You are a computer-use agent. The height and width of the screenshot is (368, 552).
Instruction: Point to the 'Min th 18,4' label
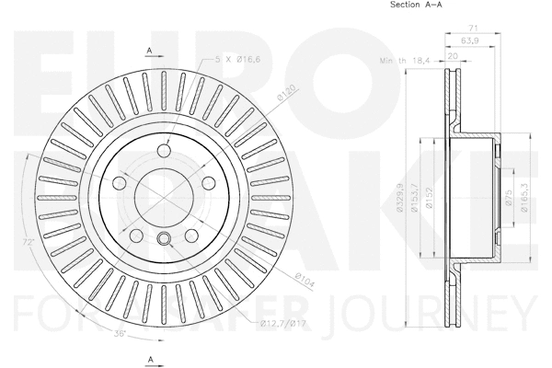point(406,62)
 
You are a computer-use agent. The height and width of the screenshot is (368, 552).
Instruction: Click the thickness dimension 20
point(453,55)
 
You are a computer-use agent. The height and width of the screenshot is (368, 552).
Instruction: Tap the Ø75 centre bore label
point(509,197)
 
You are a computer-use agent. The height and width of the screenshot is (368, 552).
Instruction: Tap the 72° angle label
point(30,242)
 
